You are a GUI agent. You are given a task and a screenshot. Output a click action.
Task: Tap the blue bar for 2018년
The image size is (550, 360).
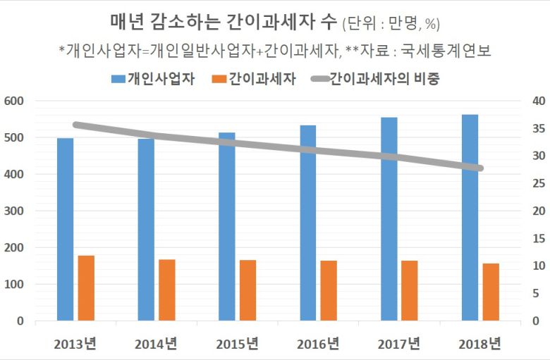470,218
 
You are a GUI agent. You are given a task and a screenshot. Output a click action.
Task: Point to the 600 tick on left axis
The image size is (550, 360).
14,101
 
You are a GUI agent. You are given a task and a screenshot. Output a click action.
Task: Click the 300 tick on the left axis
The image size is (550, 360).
14,211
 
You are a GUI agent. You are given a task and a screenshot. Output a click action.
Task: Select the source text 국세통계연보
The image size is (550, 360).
451,50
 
